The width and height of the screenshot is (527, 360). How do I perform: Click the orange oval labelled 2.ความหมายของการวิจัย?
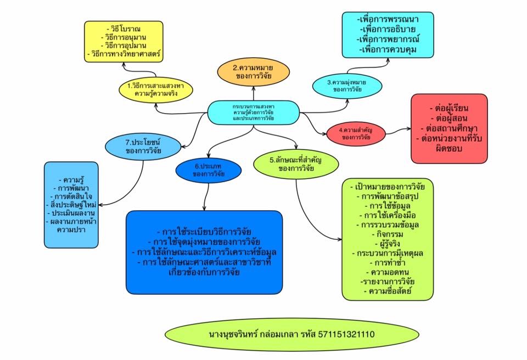point(254,71)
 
